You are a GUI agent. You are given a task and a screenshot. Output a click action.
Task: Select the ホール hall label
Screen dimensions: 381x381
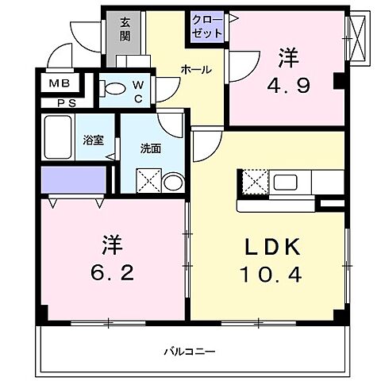coord(196,70)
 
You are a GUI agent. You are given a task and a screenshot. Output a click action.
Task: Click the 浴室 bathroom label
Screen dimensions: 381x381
coord(94,140)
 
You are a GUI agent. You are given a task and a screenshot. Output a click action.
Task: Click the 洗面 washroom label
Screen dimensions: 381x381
coord(150,148)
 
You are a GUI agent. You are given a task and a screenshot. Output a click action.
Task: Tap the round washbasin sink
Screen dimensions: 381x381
coord(172,182)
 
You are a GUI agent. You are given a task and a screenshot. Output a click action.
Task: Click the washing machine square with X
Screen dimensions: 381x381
coord(148,180)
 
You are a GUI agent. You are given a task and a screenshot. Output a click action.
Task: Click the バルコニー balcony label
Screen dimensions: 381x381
coord(190,350)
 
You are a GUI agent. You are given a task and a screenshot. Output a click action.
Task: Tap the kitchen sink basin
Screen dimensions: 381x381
coord(289,182)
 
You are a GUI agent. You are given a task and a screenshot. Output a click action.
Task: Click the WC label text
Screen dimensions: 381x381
coord(137,89)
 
